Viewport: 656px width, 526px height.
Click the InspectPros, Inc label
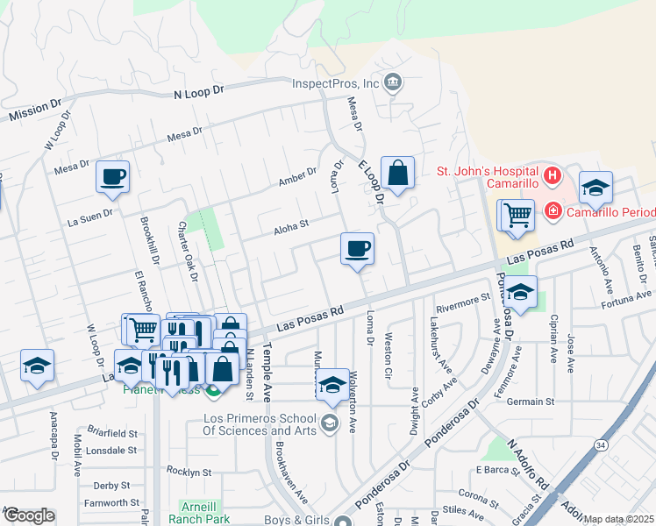[335, 83]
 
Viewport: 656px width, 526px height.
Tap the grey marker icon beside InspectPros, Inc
[393, 83]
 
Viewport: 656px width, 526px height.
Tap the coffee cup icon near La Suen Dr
[113, 176]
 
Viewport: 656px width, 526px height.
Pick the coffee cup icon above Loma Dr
[357, 248]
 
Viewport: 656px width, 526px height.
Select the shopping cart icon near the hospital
[517, 213]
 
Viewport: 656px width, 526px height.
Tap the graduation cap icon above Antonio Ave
[595, 187]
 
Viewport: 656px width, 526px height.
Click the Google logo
[28, 515]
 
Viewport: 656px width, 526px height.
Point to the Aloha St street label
[291, 224]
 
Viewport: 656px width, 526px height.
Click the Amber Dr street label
[296, 177]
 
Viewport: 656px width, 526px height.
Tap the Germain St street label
[531, 402]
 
